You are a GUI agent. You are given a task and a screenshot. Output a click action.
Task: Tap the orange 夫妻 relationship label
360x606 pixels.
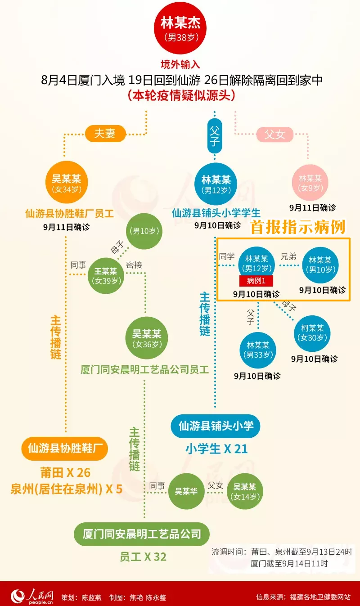104,134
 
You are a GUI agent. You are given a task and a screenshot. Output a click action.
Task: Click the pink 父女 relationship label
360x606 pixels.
274,134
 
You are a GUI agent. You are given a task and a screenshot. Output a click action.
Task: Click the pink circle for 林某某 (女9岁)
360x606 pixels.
310,182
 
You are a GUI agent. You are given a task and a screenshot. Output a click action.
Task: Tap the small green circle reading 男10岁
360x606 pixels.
144,232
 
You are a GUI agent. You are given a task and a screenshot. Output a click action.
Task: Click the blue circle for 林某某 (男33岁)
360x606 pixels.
257,350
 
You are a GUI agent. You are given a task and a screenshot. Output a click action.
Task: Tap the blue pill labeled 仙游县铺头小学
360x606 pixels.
216,425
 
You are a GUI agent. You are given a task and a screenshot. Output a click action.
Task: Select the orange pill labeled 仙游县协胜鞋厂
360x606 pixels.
65,449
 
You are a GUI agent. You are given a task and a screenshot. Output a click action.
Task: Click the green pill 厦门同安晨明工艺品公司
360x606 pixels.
142,534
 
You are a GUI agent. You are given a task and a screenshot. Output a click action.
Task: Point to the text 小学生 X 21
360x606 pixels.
216,449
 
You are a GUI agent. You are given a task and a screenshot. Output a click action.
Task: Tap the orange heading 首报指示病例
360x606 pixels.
298,228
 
